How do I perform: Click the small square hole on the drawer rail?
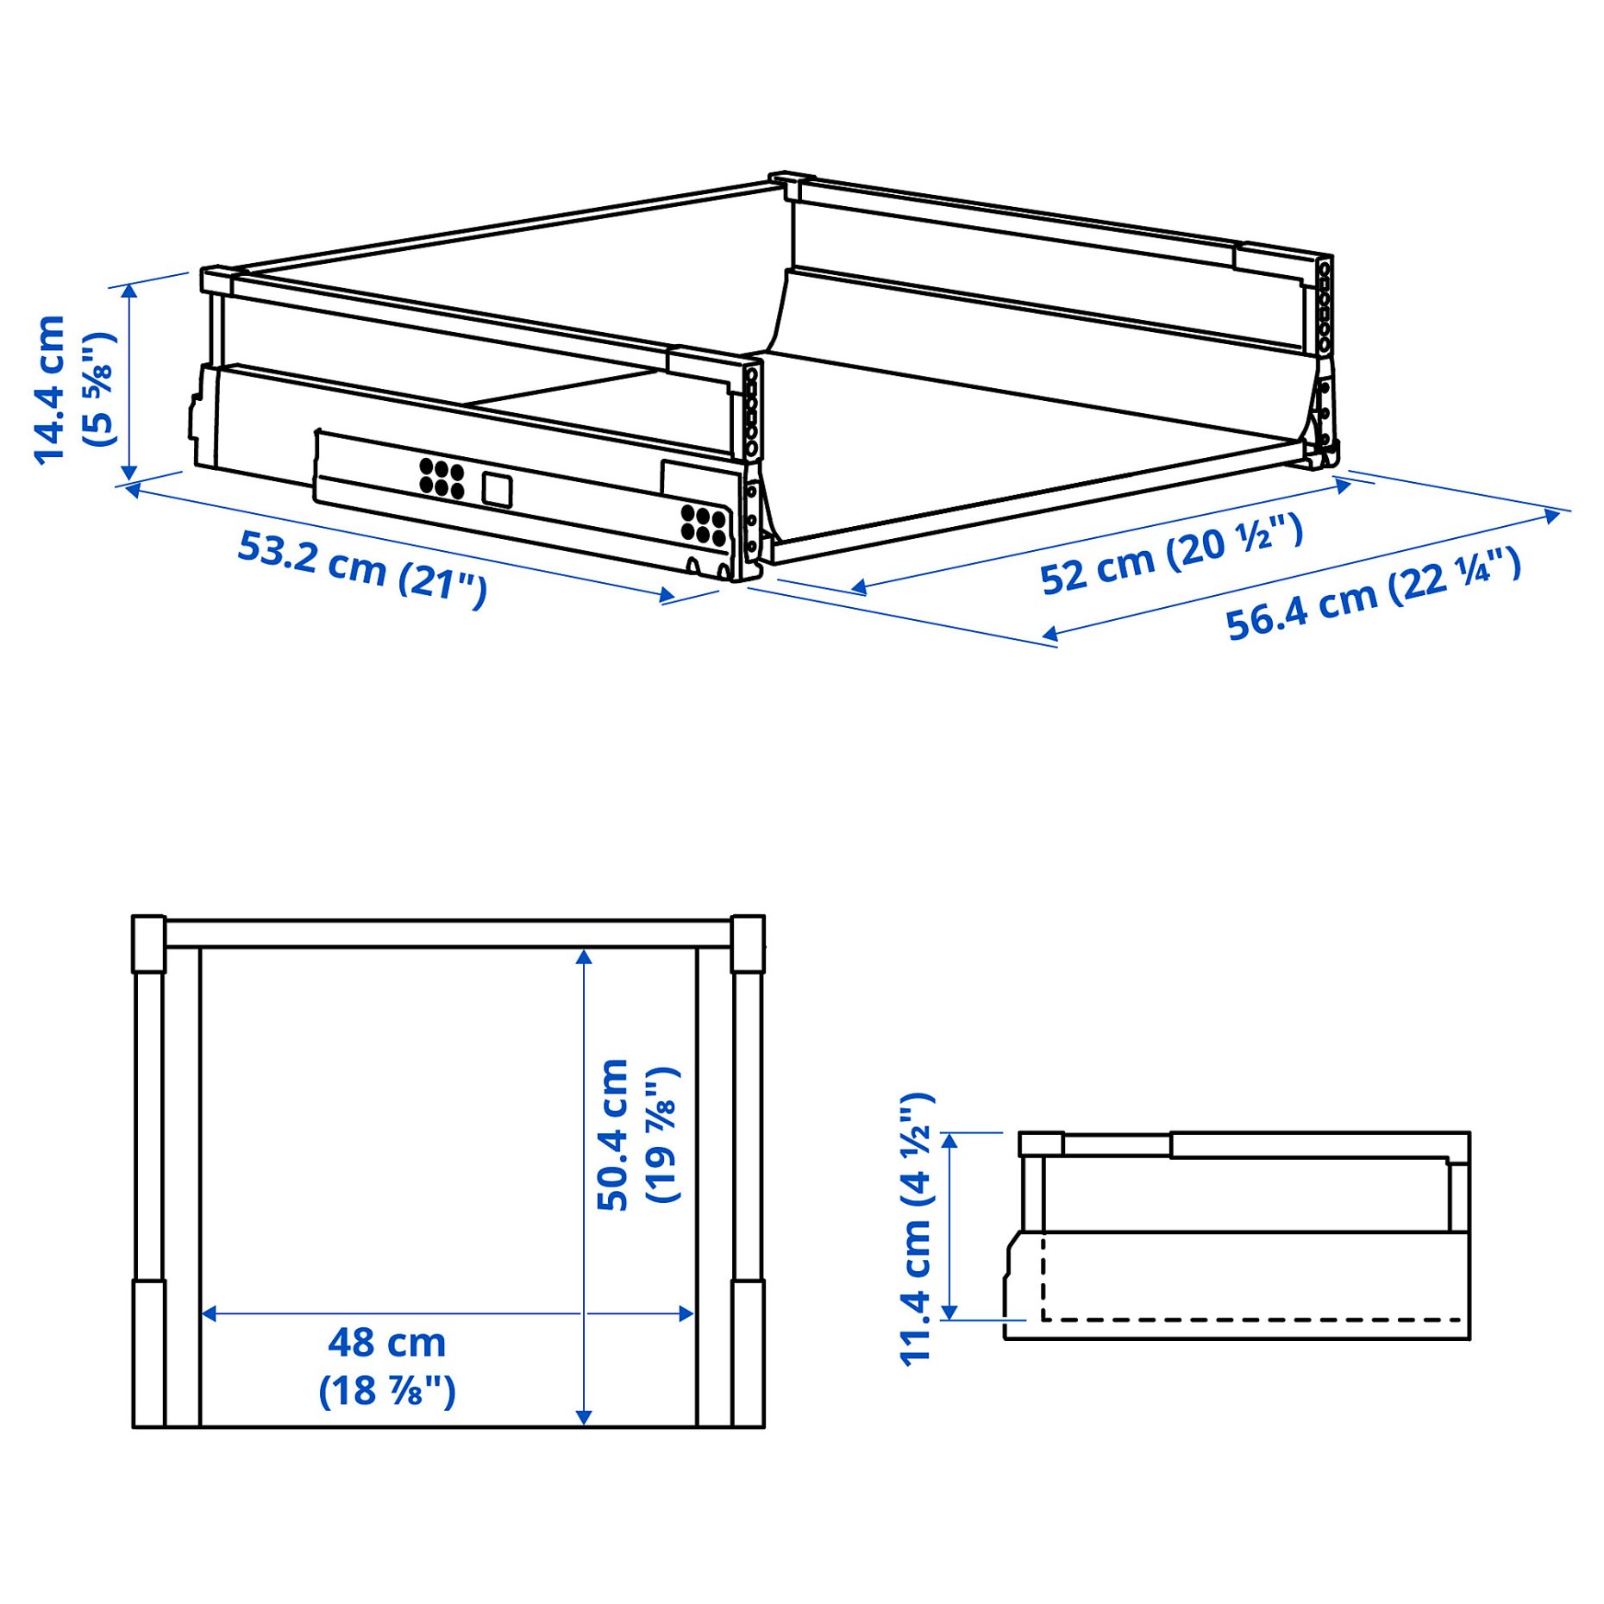pyautogui.click(x=497, y=489)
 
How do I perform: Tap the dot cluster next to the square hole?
pyautogui.click(x=442, y=479)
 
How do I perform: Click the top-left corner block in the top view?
pyautogui.click(x=148, y=943)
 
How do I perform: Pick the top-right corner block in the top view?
pyautogui.click(x=747, y=943)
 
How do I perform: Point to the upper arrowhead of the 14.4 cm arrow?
pyautogui.click(x=129, y=291)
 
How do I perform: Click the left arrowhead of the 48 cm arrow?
pyautogui.click(x=208, y=1313)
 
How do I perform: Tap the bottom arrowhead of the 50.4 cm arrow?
pyautogui.click(x=584, y=1417)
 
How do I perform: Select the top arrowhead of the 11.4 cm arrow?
pyautogui.click(x=949, y=1140)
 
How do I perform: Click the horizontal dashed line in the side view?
pyautogui.click(x=1250, y=1319)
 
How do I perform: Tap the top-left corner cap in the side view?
pyautogui.click(x=1041, y=1144)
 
